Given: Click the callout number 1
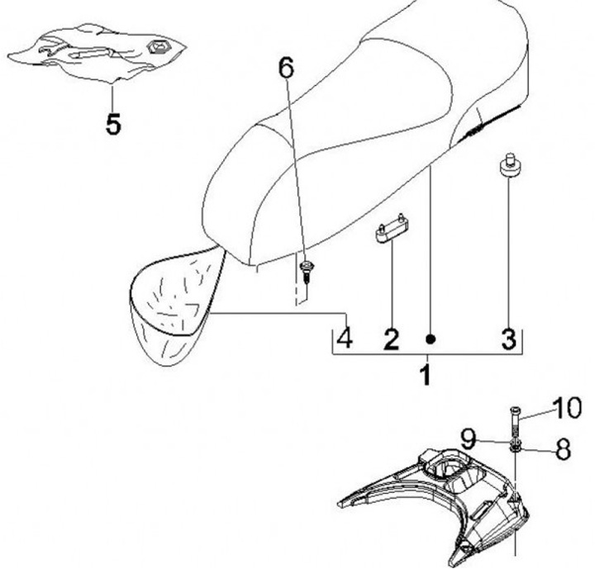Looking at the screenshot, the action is click(426, 374).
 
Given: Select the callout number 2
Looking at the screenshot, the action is click(392, 339).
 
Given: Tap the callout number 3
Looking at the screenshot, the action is click(508, 339).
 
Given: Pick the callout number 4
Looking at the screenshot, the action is click(345, 339).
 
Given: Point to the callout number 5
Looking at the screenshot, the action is click(113, 124).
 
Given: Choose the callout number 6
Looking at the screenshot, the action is click(286, 69).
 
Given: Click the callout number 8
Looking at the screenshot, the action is click(563, 448).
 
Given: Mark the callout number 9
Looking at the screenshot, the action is click(469, 439).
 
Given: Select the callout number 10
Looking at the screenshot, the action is click(566, 408).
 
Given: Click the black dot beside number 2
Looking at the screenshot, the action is click(430, 339).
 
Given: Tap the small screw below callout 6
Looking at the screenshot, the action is click(306, 272).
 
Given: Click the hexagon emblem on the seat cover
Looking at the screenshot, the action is click(159, 46).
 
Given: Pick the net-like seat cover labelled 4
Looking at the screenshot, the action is click(175, 303).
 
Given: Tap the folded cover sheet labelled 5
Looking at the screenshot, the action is click(98, 53).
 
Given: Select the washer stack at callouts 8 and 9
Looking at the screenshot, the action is click(515, 446).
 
